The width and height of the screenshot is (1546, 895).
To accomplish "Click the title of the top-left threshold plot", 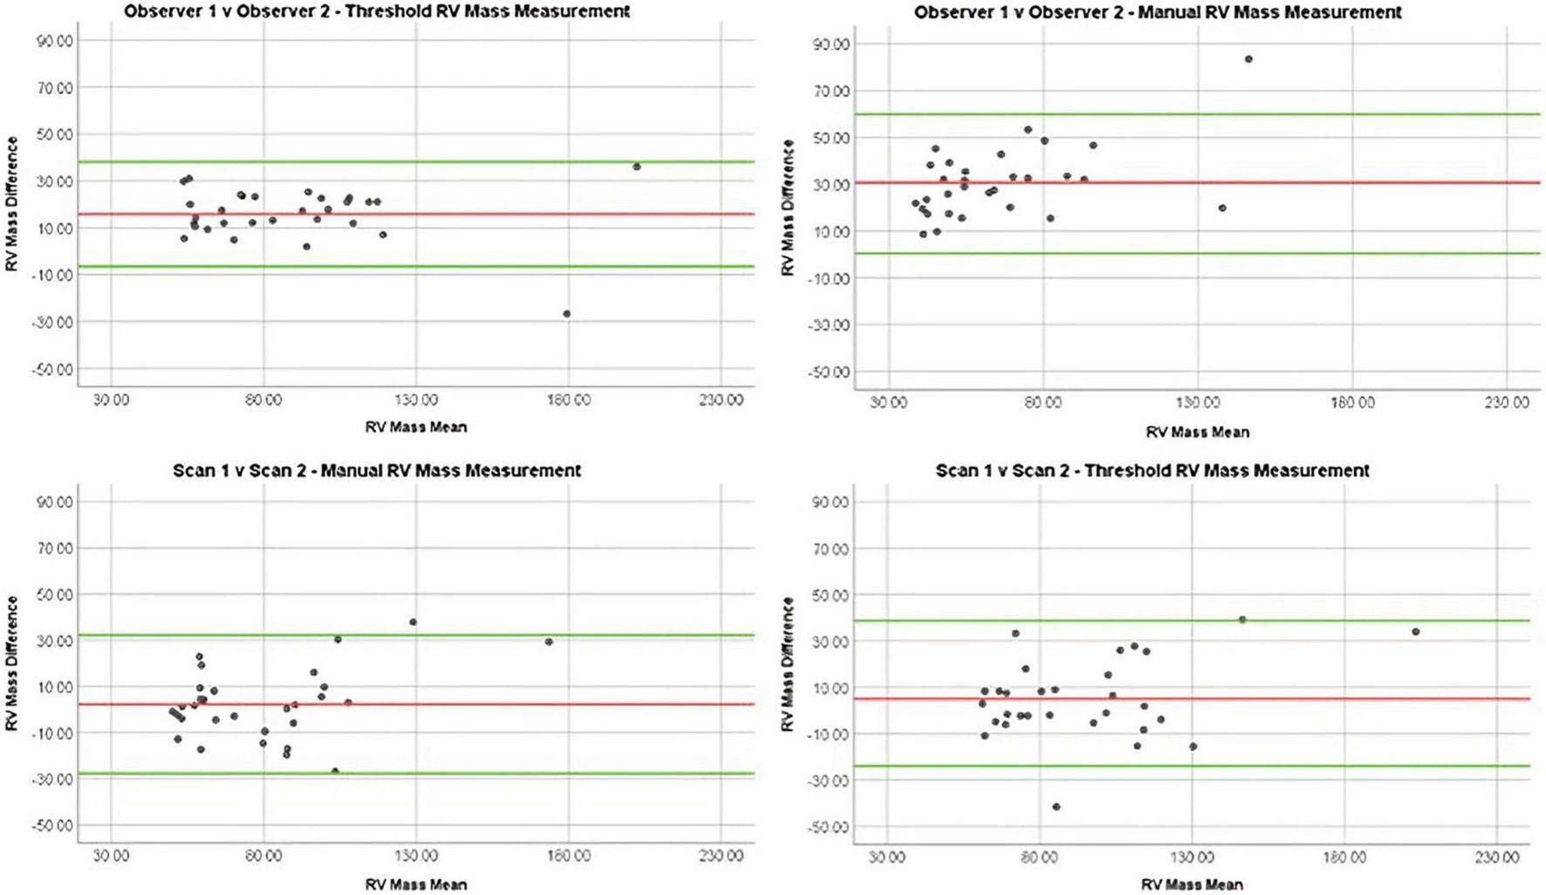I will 376,11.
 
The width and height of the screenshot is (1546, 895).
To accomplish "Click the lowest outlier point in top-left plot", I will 566,314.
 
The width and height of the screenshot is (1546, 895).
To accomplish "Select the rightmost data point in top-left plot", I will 637,167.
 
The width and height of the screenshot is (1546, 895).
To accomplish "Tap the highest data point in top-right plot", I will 1248,59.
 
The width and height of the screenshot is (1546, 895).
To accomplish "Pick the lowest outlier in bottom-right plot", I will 1057,807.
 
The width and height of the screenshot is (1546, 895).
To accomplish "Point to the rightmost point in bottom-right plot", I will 1415,632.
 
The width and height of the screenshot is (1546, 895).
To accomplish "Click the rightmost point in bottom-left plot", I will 549,642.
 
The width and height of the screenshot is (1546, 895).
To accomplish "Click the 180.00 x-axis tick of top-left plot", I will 568,400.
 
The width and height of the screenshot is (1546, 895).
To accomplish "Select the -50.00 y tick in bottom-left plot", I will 53,825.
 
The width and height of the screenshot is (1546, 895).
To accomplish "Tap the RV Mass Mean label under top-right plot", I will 1197,432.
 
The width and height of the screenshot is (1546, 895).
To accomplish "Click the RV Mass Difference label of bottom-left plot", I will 11,663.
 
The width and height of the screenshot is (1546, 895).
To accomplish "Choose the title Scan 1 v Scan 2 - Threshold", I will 1152,470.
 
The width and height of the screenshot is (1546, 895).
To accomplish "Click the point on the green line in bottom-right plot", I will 1242,619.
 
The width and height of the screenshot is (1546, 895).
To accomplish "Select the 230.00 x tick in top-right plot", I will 1507,402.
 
